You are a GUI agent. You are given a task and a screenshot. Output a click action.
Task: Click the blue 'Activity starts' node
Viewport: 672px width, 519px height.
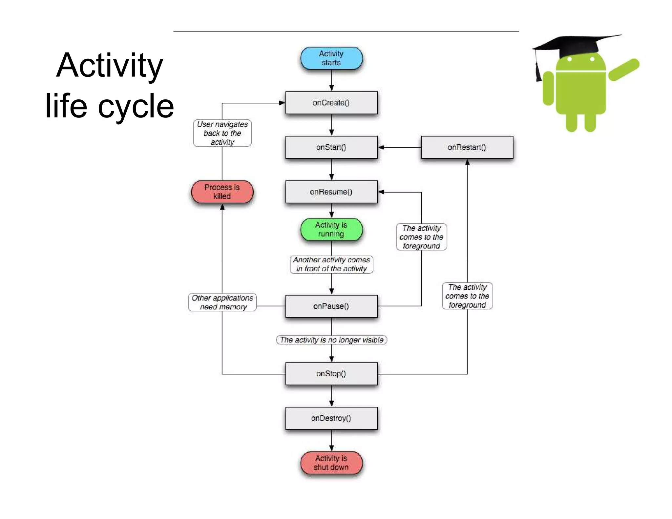click(x=331, y=58)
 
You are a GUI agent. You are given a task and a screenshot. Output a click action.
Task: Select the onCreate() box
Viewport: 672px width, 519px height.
click(x=331, y=103)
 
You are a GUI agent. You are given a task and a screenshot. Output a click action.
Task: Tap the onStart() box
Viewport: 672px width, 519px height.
click(x=331, y=147)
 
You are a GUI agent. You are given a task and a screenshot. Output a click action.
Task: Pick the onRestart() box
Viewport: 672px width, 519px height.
click(x=467, y=147)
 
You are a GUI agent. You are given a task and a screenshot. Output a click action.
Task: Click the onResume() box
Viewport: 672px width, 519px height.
click(x=331, y=192)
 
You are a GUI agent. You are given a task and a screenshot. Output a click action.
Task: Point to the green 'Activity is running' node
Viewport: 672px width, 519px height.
click(x=331, y=229)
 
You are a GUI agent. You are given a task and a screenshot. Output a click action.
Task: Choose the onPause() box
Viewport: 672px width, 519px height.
click(x=331, y=306)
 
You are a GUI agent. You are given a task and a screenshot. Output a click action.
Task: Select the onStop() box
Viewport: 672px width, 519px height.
click(x=331, y=374)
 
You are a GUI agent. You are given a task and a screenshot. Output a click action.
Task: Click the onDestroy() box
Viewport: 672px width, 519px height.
click(x=331, y=418)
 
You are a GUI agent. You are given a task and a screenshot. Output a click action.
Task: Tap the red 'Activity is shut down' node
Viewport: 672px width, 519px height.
click(x=331, y=463)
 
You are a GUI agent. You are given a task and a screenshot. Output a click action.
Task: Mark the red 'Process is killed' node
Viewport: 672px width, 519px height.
click(x=222, y=192)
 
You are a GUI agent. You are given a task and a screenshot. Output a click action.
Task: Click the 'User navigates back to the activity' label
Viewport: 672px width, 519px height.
click(x=222, y=133)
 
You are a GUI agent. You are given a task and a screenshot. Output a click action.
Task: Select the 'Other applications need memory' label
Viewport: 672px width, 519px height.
click(x=222, y=302)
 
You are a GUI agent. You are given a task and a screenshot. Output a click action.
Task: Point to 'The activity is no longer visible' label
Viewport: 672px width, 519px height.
click(x=331, y=340)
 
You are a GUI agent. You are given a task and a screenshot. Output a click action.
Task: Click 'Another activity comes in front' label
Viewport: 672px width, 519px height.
click(x=331, y=264)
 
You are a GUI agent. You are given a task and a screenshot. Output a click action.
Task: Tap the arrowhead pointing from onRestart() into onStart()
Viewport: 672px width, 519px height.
click(x=381, y=147)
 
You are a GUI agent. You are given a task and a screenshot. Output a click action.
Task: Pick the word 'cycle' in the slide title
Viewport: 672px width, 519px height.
click(x=136, y=106)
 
